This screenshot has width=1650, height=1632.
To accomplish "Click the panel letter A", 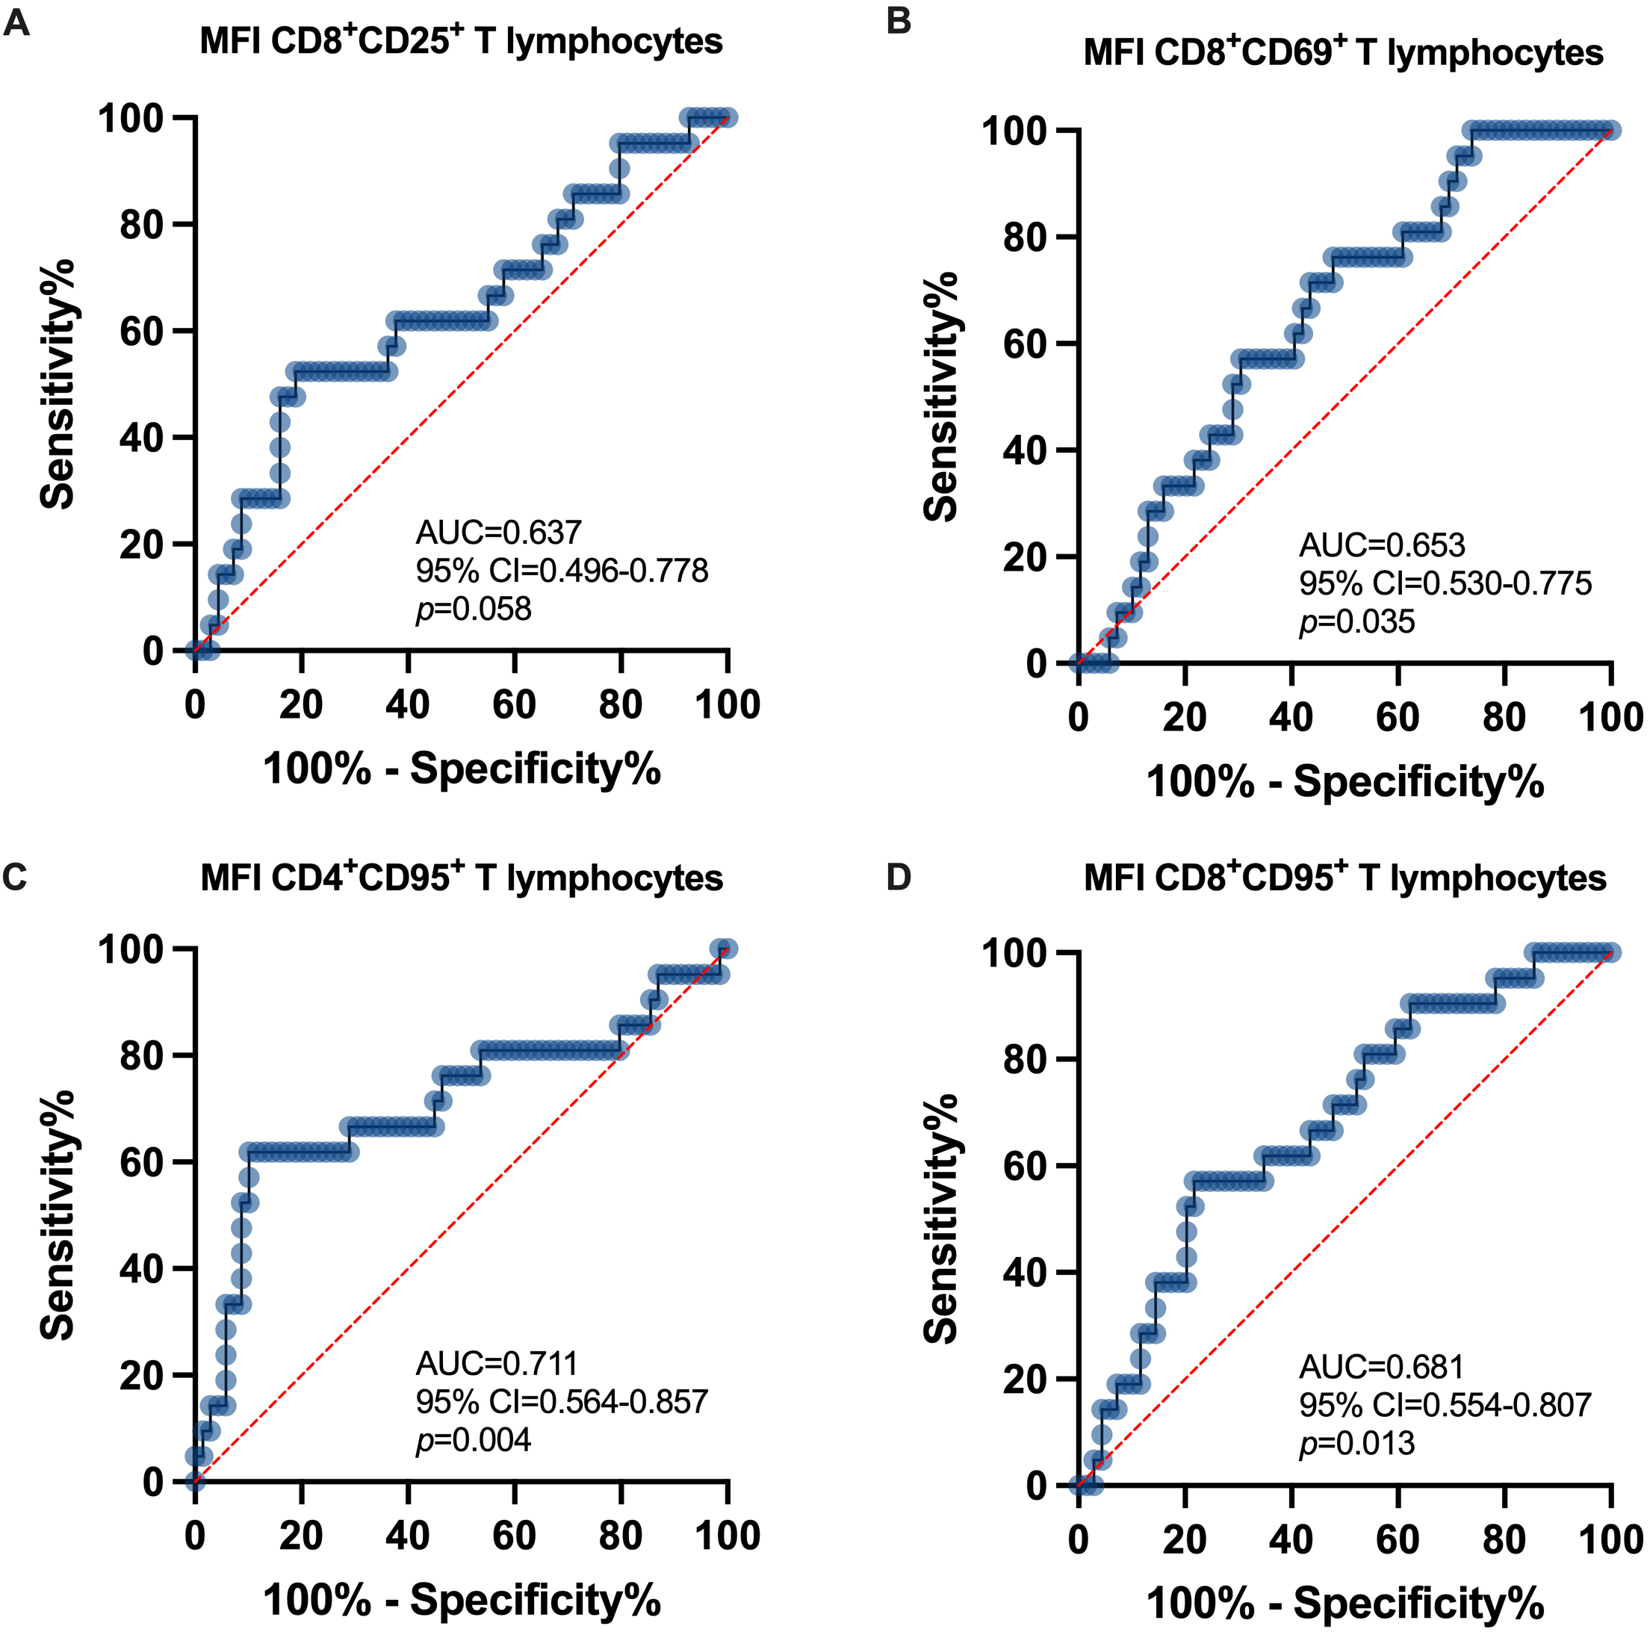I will (16, 23).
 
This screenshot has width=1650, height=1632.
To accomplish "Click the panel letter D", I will (899, 877).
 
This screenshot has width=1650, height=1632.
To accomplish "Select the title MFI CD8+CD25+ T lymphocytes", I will (461, 41).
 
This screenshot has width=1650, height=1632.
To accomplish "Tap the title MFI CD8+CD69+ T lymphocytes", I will (1344, 53).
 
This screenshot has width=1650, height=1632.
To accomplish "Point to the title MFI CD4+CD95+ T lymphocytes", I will (461, 878).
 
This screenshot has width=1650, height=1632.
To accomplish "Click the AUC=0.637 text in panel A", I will (498, 533).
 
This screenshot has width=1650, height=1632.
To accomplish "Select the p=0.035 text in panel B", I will (1356, 621).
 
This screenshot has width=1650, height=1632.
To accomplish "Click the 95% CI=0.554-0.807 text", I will (1445, 1405).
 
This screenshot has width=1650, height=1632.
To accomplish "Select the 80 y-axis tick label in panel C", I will (142, 1055).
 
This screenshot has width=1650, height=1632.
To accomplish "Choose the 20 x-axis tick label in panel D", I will (1185, 1540).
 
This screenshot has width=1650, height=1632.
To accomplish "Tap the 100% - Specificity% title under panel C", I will (461, 1600).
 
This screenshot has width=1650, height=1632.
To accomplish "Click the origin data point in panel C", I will (196, 1482).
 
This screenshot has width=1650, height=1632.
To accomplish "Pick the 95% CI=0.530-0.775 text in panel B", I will (1445, 584).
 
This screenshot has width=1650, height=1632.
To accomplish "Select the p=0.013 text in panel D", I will (1356, 1444).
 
